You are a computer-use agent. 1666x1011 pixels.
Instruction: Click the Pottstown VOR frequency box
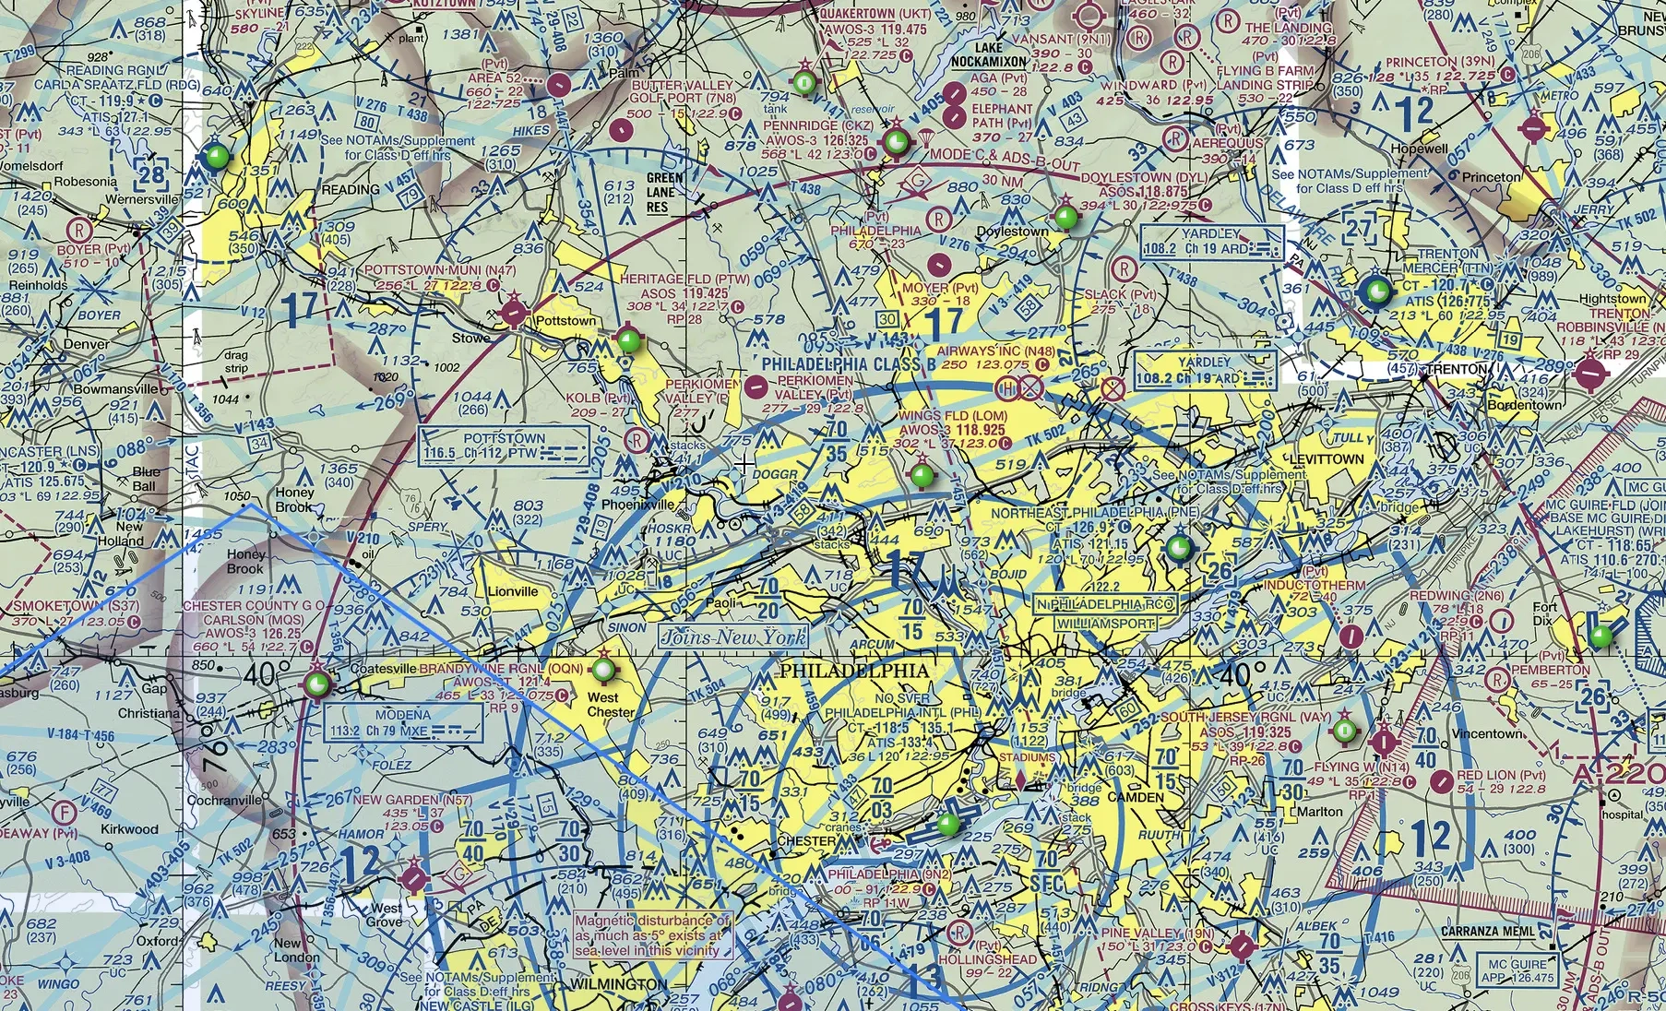coord(505,446)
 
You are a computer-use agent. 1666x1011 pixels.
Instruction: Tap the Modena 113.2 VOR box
coord(403,723)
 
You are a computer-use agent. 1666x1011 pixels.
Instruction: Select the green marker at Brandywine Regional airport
coord(603,668)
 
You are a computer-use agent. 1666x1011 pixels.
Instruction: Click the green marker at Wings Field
coord(922,476)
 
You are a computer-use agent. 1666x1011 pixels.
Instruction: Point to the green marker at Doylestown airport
coord(1065,218)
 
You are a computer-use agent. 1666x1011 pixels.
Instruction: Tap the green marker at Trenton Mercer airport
coord(1374,291)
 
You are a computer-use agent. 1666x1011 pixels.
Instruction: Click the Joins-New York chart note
coord(733,636)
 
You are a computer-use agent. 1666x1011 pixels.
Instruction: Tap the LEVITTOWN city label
coord(1327,458)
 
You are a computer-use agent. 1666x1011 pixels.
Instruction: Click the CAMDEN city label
coord(1136,797)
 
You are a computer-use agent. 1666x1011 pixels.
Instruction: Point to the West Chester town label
coord(611,705)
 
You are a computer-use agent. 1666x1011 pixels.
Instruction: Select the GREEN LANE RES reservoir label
coord(664,192)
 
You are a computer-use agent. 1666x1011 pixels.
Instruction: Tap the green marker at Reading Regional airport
coord(218,156)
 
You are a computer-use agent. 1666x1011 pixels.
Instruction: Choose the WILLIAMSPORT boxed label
coord(1105,624)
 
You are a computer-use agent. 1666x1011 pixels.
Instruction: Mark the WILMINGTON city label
coord(617,984)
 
